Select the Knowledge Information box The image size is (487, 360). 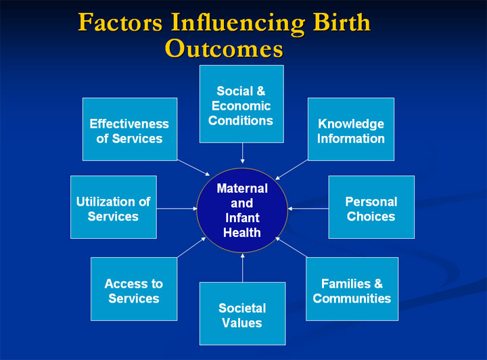(x=351, y=129)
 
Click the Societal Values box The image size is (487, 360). (x=242, y=314)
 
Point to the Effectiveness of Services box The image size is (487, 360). (x=130, y=129)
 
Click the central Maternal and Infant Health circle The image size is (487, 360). (x=242, y=210)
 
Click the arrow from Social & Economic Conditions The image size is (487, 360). (x=242, y=153)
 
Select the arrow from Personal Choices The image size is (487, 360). (x=308, y=208)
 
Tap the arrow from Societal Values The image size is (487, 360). (x=242, y=267)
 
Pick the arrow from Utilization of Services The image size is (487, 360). (x=177, y=208)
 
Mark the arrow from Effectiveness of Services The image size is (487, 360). (x=194, y=169)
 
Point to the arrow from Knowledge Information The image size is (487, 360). (x=292, y=169)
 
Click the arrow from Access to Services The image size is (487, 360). (x=191, y=247)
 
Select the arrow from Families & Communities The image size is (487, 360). (x=291, y=248)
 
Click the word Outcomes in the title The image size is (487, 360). (x=224, y=49)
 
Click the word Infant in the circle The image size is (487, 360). (x=241, y=218)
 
